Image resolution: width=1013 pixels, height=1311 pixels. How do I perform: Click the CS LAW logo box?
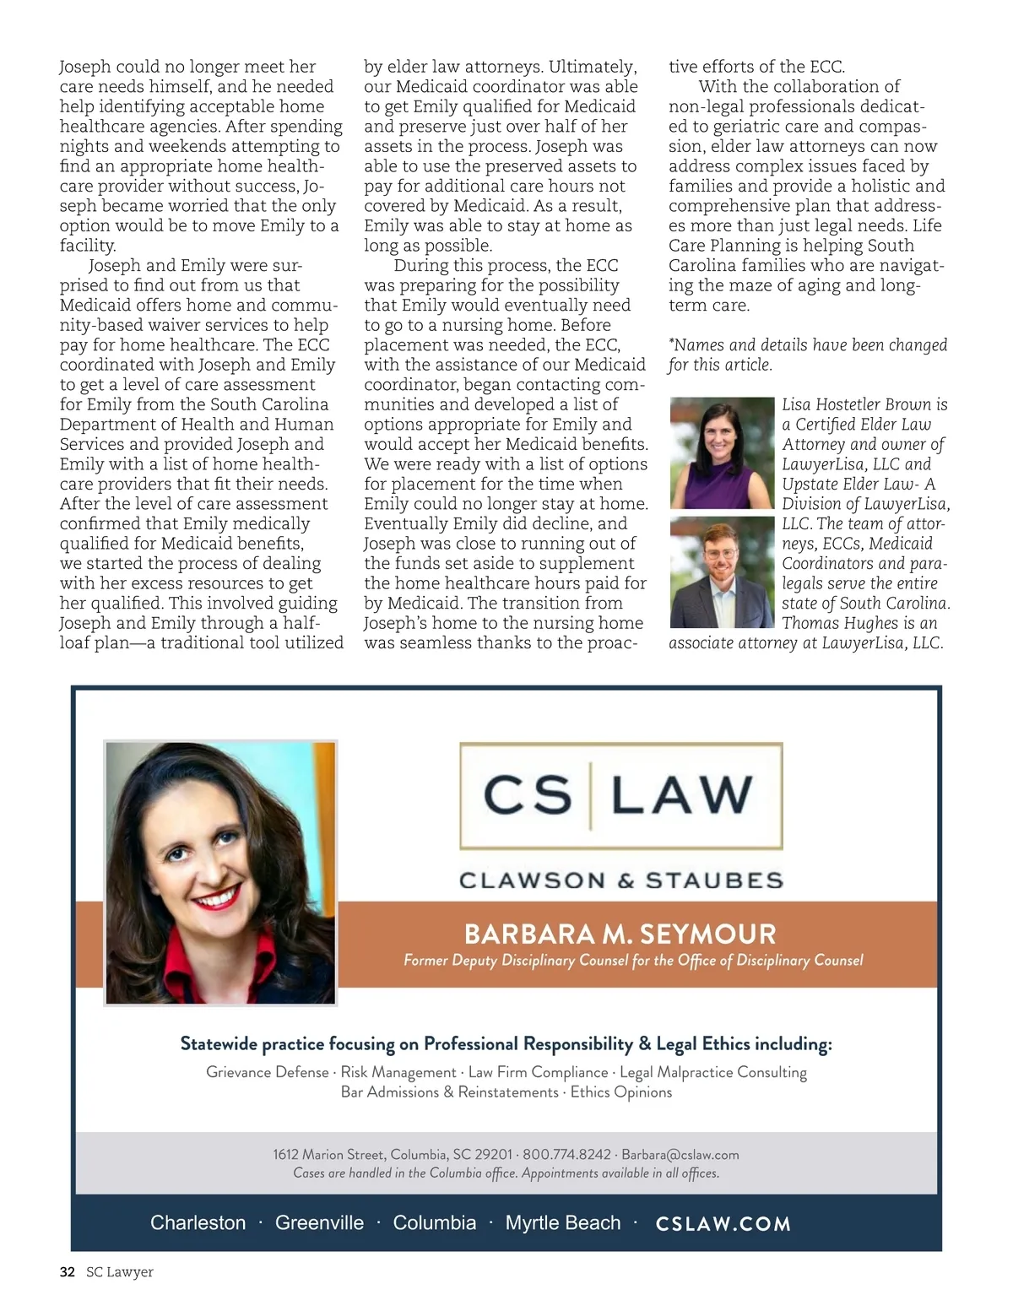[x=620, y=795]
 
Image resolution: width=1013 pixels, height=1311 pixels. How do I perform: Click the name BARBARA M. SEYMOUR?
[x=620, y=934]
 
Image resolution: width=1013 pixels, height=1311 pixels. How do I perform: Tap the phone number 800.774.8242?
[x=566, y=1154]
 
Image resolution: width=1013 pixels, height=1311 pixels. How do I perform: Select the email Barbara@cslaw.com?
[x=680, y=1154]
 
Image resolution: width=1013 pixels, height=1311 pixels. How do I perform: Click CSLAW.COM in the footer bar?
[x=723, y=1224]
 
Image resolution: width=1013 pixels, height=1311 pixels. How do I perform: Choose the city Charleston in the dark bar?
[x=198, y=1223]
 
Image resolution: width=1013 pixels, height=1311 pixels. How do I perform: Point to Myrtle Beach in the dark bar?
[x=562, y=1223]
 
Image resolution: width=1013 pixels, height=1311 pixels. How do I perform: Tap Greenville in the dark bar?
[x=319, y=1223]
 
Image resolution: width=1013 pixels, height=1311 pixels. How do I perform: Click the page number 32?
[x=68, y=1272]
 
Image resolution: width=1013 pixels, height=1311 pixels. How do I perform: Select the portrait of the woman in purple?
[x=722, y=452]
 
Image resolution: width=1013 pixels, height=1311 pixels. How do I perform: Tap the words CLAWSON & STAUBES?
[x=620, y=880]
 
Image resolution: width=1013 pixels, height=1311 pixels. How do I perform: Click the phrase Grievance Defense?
[x=267, y=1072]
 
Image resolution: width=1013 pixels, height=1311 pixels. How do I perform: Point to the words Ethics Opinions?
[x=621, y=1092]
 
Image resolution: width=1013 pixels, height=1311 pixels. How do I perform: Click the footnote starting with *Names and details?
[x=807, y=355]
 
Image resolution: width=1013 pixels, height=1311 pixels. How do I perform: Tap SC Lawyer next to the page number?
[x=120, y=1272]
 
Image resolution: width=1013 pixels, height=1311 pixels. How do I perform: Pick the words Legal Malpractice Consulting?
[x=713, y=1072]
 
